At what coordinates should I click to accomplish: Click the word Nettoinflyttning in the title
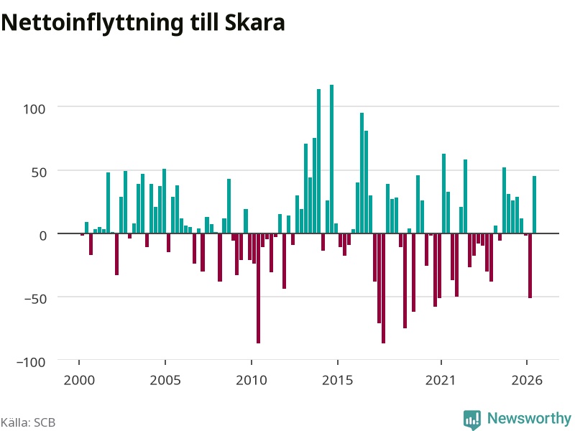(x=92, y=23)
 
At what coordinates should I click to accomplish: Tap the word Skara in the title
(x=255, y=23)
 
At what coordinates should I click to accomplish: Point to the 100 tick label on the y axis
(x=34, y=109)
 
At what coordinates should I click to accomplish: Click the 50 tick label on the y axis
(x=39, y=172)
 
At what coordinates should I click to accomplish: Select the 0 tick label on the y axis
(x=43, y=236)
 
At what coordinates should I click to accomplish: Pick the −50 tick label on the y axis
(x=35, y=299)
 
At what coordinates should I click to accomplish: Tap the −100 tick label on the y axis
(x=31, y=362)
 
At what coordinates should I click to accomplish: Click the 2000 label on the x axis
(x=79, y=380)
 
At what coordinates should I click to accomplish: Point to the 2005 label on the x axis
(x=165, y=380)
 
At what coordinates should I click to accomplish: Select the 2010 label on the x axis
(x=252, y=380)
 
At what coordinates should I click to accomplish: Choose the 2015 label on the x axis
(x=338, y=380)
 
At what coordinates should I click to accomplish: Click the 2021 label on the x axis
(x=441, y=380)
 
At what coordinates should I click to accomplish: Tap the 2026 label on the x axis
(x=527, y=380)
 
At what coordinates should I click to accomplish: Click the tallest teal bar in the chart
(x=331, y=159)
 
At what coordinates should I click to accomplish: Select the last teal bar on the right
(x=534, y=205)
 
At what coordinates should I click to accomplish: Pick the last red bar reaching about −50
(x=530, y=266)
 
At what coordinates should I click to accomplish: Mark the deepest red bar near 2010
(x=258, y=289)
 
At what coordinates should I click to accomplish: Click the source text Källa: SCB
(x=28, y=422)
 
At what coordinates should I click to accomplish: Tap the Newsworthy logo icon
(x=472, y=420)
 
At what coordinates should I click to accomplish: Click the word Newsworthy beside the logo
(x=529, y=418)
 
